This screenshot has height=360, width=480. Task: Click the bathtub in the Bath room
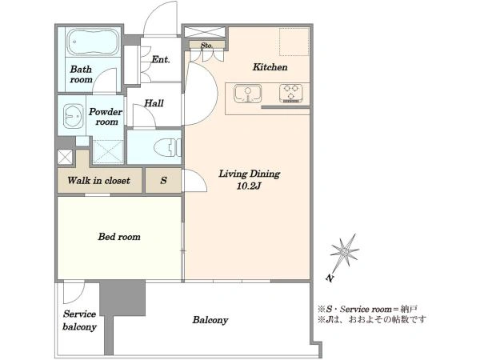[x=93, y=42]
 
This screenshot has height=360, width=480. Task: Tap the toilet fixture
[x=167, y=147]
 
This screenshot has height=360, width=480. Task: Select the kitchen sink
[x=248, y=94]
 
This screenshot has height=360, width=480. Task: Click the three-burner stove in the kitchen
[x=291, y=94]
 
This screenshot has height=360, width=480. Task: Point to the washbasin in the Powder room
[x=73, y=116]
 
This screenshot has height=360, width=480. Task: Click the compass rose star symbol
[x=344, y=253]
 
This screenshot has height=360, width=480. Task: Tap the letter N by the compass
[x=330, y=278]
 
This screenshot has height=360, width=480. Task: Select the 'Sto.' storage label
[x=206, y=46]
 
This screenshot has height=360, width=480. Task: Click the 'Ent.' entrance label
[x=161, y=59]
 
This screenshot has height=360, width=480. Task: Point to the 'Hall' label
[x=154, y=103]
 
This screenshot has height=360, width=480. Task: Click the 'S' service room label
[x=163, y=180]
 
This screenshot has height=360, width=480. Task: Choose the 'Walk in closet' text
[x=99, y=180]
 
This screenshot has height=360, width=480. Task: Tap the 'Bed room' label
[x=119, y=237]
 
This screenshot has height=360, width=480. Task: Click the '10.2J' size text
[x=248, y=186]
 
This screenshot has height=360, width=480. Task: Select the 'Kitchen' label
[x=270, y=67]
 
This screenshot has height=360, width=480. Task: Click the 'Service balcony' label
[x=79, y=321]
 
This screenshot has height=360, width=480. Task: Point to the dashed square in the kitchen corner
[x=294, y=42]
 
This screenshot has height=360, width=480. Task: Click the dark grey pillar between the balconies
[x=122, y=298]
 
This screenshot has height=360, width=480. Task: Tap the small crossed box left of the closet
[x=65, y=157]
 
